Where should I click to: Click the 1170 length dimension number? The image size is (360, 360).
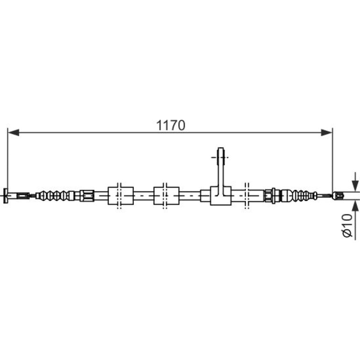[x=170, y=125]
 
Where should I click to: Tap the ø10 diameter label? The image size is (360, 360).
[x=347, y=225]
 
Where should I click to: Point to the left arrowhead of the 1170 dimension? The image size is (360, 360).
[x=13, y=132]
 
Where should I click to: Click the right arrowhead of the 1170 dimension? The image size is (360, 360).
[x=326, y=132]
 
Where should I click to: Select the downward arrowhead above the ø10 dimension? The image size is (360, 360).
[x=355, y=185]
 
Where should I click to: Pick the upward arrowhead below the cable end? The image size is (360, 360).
[x=355, y=205]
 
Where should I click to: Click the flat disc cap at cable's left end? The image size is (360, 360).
[x=6, y=195]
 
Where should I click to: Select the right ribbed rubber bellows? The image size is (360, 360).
[x=299, y=195]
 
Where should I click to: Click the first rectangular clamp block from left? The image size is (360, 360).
[x=121, y=195]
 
